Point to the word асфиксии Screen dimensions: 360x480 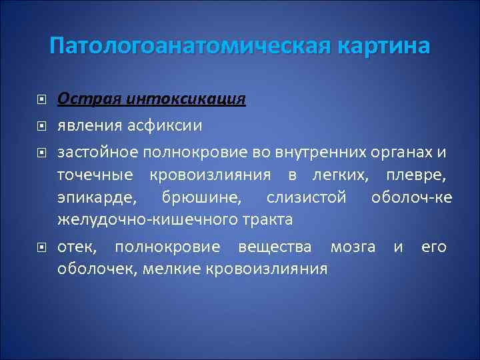(167, 125)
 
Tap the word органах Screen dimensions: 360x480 (405, 153)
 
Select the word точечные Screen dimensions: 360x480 (95, 175)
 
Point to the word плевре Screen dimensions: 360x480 (415, 175)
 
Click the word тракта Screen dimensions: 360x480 (267, 219)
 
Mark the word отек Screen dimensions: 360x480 (77, 247)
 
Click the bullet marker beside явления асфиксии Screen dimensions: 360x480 (41, 125)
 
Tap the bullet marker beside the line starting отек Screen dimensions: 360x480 (41, 248)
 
